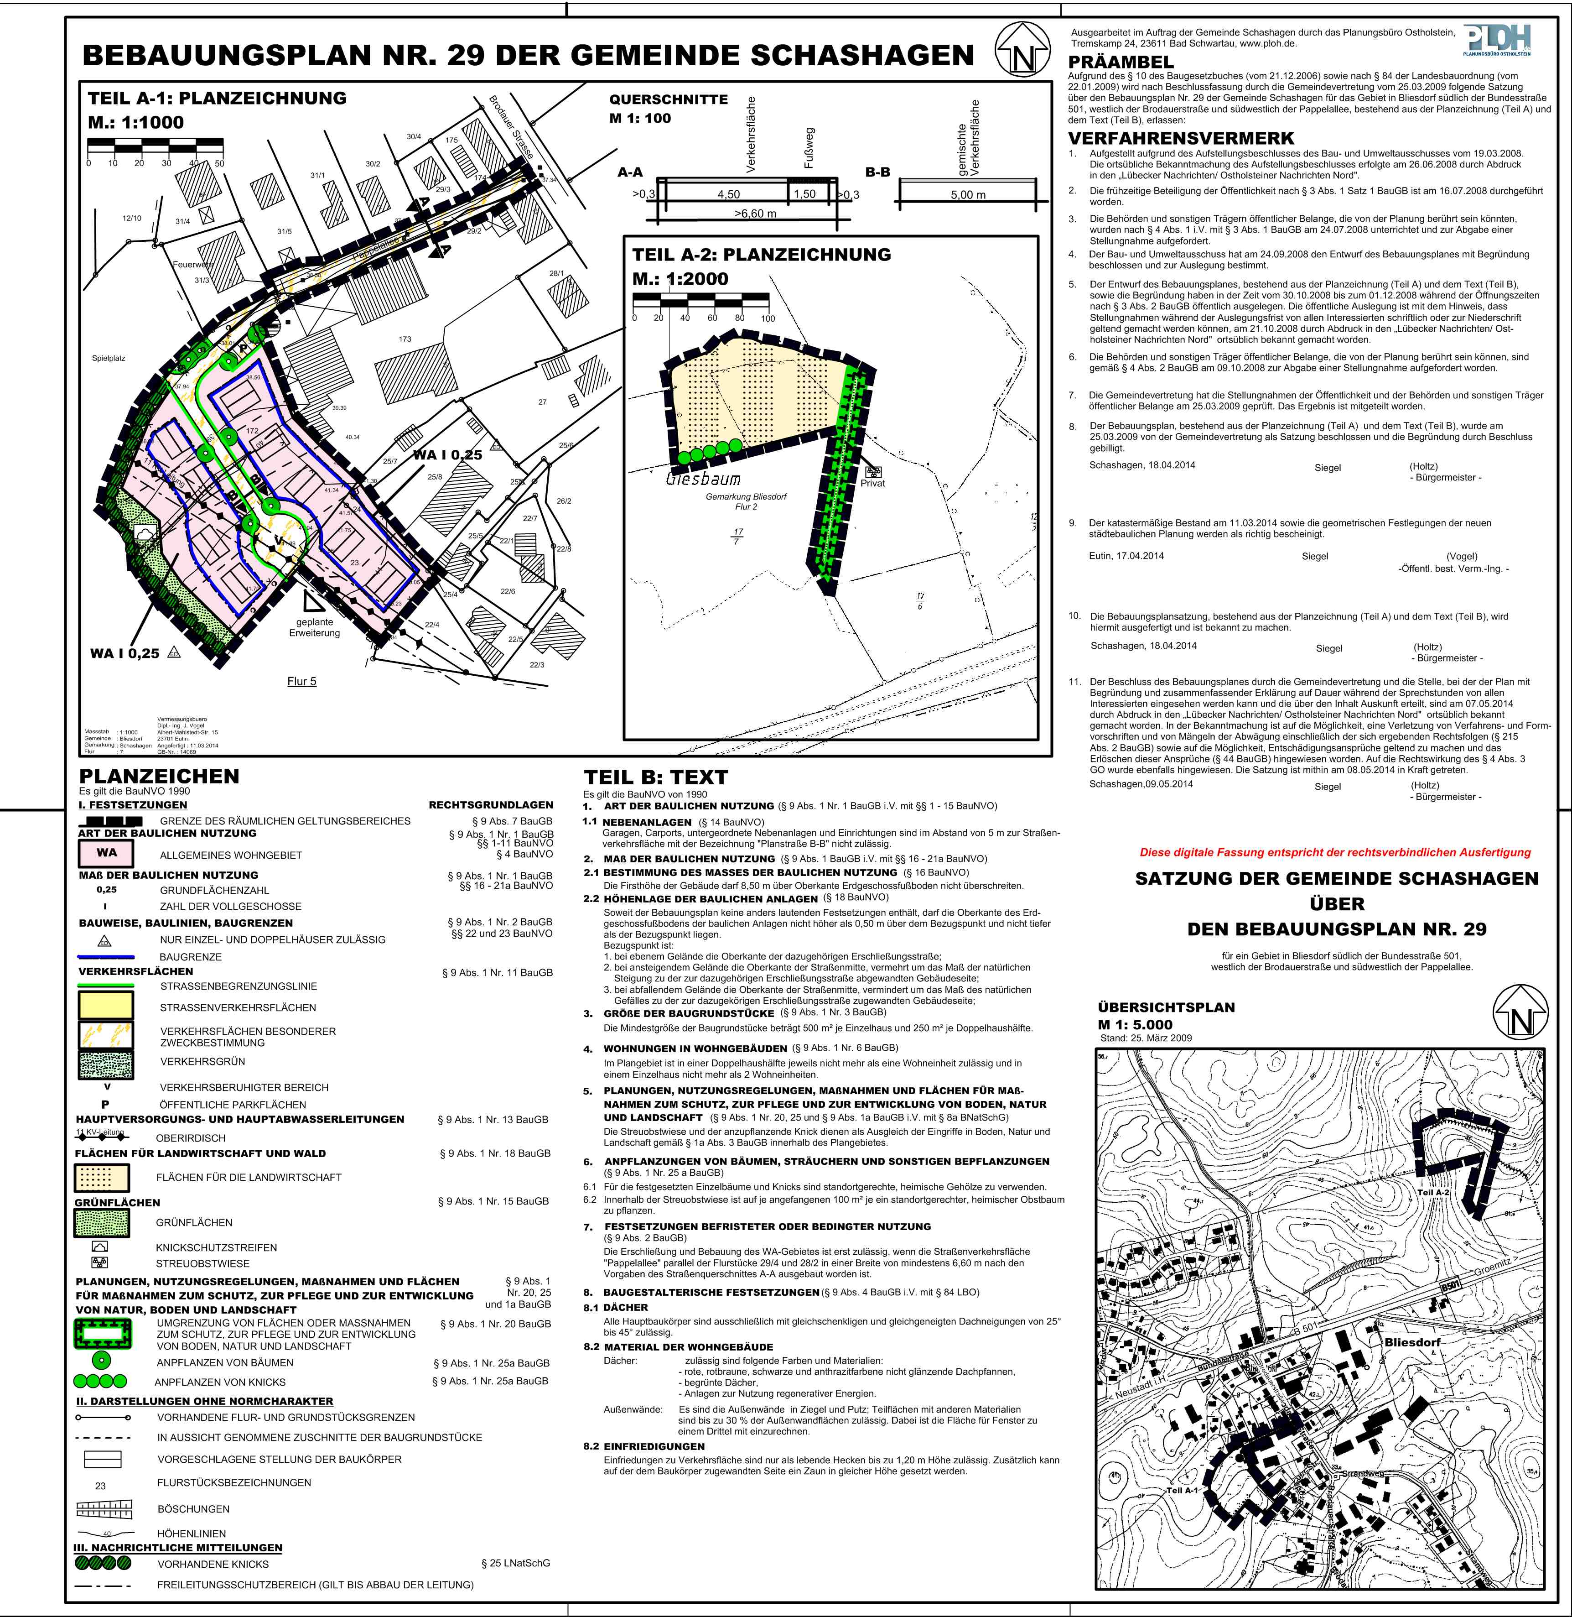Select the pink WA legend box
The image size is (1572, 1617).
click(107, 853)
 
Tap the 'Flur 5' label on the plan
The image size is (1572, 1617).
click(301, 681)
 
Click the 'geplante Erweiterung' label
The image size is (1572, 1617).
click(315, 628)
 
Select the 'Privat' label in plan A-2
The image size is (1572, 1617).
click(873, 483)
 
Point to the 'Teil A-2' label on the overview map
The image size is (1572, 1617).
click(1433, 1193)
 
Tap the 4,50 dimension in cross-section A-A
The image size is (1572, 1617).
click(728, 195)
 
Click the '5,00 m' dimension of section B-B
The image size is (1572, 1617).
click(969, 195)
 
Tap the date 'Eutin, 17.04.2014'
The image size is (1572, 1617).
click(1126, 556)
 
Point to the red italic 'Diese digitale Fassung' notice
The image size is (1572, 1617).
click(1335, 852)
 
